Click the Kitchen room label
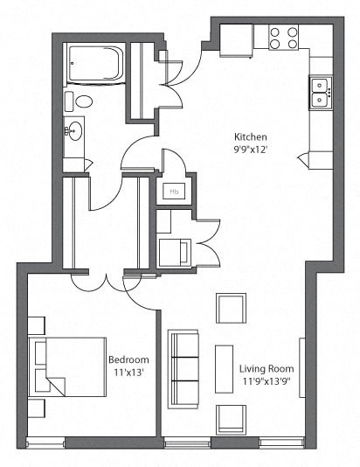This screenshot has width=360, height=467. (249, 137)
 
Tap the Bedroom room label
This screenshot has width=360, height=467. (128, 359)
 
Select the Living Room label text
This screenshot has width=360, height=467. (267, 369)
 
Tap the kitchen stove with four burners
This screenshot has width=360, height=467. (282, 37)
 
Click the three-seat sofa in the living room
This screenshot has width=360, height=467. (183, 367)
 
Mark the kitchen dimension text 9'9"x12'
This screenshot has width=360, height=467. (249, 150)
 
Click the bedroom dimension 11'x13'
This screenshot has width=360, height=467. (128, 372)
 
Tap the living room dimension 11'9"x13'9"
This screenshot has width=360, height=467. (267, 381)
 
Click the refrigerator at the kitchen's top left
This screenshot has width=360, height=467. (236, 38)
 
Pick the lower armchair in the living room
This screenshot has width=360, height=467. (232, 418)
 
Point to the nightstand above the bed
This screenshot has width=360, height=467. (37, 321)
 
